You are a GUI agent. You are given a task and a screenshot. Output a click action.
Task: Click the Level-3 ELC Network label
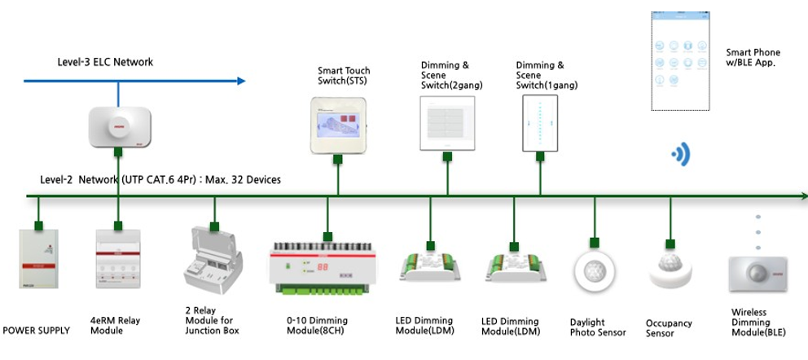coord(105,62)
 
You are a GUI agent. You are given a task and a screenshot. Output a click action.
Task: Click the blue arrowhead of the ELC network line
coord(240,81)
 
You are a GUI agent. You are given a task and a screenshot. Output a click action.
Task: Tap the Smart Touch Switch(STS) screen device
coord(337,125)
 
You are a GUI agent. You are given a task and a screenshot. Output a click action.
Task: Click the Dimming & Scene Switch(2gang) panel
coord(446,122)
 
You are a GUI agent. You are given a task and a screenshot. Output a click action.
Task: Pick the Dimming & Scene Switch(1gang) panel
coord(539,122)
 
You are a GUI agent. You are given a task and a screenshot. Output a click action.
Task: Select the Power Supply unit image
coord(37,259)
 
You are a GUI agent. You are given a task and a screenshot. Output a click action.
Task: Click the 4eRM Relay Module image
coord(119,259)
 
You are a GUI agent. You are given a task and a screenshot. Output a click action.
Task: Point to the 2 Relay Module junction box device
coord(214,262)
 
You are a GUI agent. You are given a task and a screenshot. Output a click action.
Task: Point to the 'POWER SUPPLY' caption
coord(37,331)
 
